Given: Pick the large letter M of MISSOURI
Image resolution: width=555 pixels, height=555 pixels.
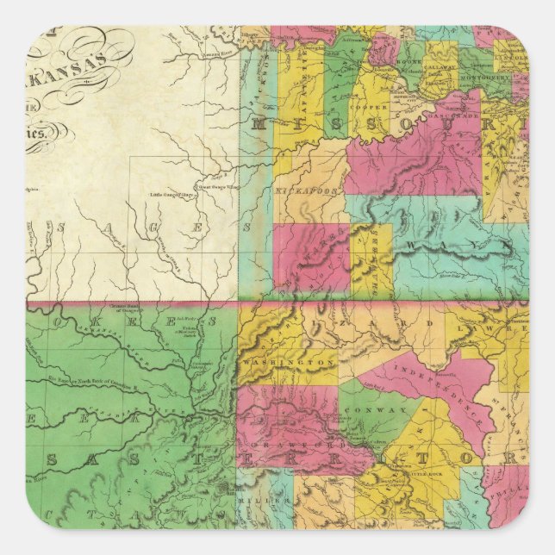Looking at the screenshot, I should point(258,126).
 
